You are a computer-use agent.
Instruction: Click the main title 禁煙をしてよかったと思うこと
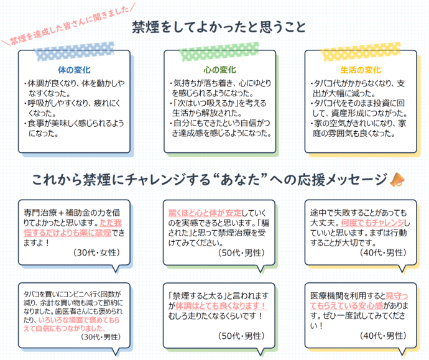tap(219, 27)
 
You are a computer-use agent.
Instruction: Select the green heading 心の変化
tap(215, 70)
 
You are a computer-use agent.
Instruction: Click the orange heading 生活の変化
tap(357, 70)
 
